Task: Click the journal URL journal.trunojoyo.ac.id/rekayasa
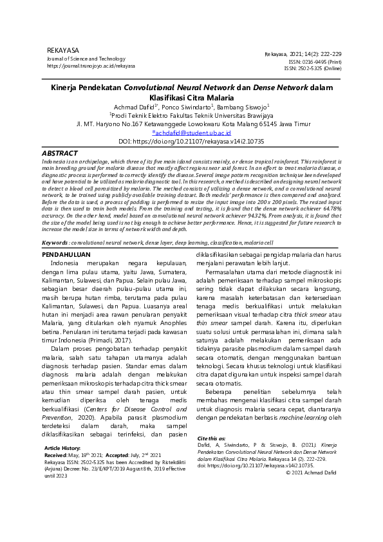click(x=91, y=66)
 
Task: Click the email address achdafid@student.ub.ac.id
click(x=191, y=133)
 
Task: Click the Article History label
click(x=62, y=447)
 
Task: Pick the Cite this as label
click(x=212, y=438)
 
